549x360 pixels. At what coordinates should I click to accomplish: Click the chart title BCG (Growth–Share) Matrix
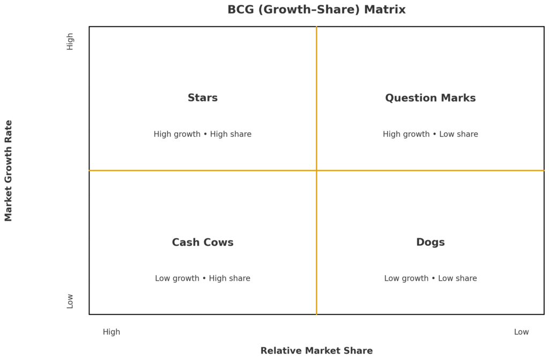[x=316, y=10]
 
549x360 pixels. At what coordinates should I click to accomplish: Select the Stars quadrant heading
[x=203, y=98]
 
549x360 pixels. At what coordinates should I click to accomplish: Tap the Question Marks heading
[x=431, y=98]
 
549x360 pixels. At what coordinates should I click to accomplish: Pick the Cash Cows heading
[x=203, y=242]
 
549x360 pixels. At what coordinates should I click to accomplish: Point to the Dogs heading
[x=431, y=243]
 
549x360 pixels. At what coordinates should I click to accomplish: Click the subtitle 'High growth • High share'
[x=202, y=134]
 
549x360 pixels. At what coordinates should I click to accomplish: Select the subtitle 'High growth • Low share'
[x=431, y=134]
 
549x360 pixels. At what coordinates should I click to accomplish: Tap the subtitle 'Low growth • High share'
[x=203, y=278]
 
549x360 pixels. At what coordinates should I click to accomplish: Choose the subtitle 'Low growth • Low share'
[x=431, y=278]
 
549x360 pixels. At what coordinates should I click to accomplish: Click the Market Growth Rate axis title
[x=9, y=171]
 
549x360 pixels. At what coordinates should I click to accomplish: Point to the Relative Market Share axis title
[x=316, y=350]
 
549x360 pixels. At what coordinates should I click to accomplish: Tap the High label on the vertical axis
[x=70, y=42]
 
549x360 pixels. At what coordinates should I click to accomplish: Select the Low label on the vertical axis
[x=70, y=301]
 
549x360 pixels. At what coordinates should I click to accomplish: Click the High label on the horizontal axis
[x=112, y=332]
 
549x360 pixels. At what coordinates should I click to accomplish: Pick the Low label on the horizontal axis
[x=521, y=332]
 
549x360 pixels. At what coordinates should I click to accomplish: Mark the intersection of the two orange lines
[x=316, y=171]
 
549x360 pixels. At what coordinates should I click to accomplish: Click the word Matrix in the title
[x=385, y=10]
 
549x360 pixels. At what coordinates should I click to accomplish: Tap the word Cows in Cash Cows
[x=218, y=242]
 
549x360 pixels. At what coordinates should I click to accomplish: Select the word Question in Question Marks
[x=406, y=98]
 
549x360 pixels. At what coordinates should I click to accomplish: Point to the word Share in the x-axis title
[x=360, y=350]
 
